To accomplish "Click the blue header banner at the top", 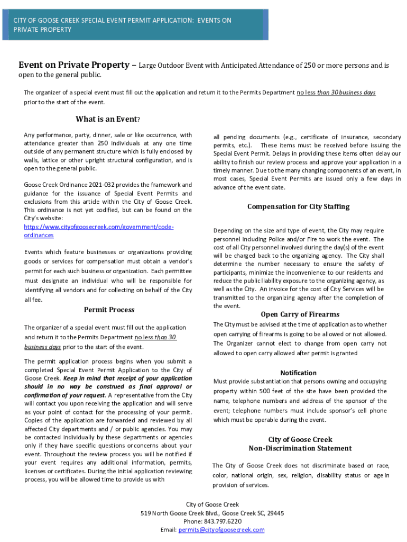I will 134,25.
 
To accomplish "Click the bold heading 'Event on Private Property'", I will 74,65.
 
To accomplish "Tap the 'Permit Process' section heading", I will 109,310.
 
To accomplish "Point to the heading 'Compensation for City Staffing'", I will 298,206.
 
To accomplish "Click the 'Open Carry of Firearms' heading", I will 300,314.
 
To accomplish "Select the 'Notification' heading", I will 299,373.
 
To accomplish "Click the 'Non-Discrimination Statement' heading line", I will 300,448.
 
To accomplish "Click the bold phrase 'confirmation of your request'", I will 64,395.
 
